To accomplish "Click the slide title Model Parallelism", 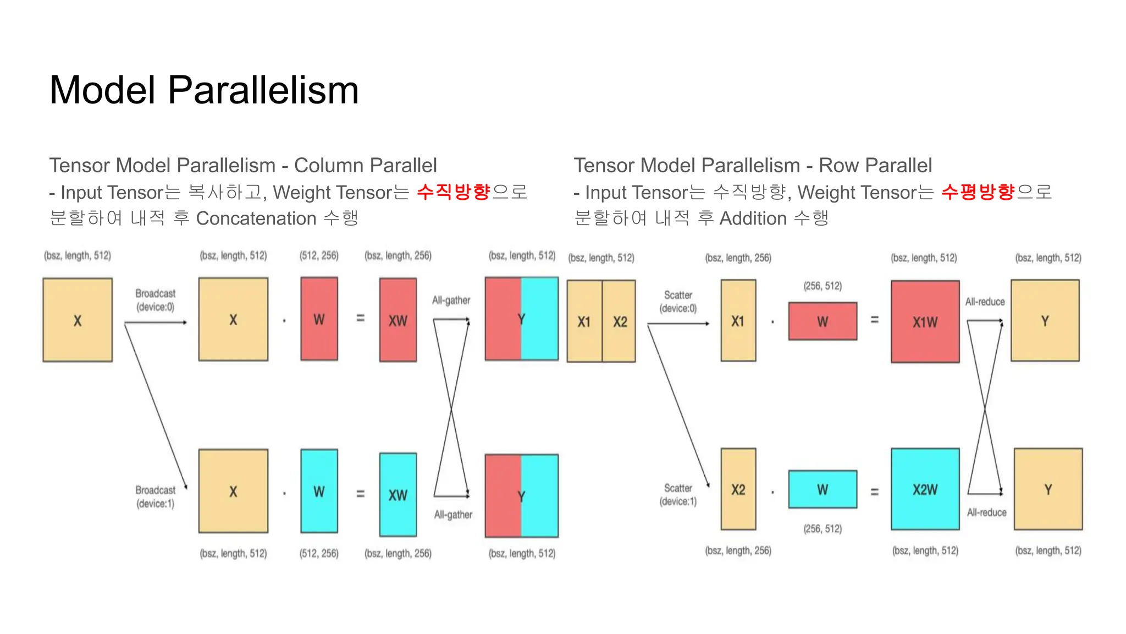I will tap(204, 90).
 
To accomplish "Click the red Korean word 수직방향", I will tap(454, 192).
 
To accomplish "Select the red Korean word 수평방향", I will tap(978, 192).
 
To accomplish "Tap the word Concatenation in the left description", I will tap(256, 218).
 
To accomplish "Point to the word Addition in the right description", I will tap(753, 218).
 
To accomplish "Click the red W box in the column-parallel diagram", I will tap(319, 319).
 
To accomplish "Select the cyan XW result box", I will tap(398, 495).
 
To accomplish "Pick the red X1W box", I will tap(925, 322).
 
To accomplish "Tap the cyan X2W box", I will tap(925, 489).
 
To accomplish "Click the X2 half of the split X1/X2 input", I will tap(620, 321).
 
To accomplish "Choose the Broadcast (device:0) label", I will tap(156, 300).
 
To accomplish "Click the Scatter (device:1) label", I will tap(678, 494).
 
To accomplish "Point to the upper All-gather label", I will tap(451, 300).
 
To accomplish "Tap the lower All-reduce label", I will tap(987, 512).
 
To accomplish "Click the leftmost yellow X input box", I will tap(78, 320).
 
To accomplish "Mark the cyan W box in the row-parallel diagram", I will tap(823, 489).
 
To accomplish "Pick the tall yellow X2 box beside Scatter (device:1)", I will tap(738, 489).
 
